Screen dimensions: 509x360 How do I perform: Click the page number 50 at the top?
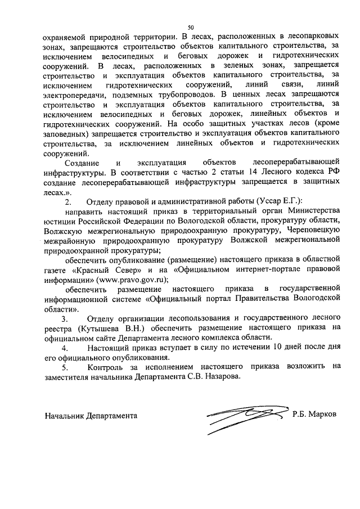191,26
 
